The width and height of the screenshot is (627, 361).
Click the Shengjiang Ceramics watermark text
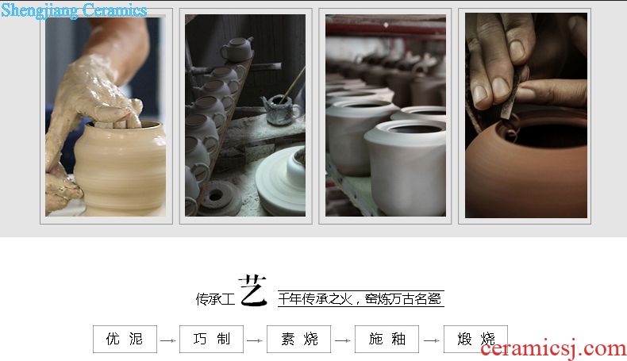(x=74, y=10)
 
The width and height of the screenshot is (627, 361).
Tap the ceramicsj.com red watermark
(x=553, y=348)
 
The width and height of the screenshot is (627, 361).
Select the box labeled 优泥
(x=125, y=339)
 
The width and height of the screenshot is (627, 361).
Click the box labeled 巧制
(x=212, y=339)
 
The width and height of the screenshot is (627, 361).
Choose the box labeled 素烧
(x=298, y=339)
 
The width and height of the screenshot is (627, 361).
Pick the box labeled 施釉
(x=387, y=339)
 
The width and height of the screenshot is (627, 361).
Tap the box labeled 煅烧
(x=475, y=339)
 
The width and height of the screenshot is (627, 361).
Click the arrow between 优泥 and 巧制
(x=168, y=340)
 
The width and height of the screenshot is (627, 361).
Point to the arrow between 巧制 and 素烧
(x=255, y=340)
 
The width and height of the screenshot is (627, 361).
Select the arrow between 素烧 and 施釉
(x=343, y=340)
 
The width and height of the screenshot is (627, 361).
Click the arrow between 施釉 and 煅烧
(x=432, y=340)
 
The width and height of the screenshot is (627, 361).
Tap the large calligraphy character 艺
(x=252, y=290)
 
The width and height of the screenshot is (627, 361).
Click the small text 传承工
(x=215, y=299)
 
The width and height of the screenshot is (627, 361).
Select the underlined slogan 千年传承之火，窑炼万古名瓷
(x=360, y=298)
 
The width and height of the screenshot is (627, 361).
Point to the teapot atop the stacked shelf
(x=237, y=48)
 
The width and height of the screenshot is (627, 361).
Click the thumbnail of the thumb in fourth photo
(x=501, y=88)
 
